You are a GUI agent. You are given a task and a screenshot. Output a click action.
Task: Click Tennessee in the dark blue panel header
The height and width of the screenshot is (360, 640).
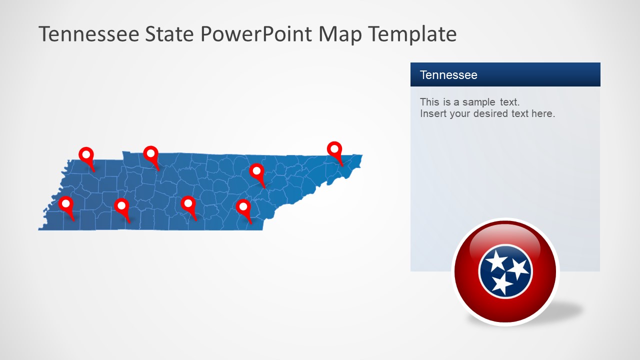click(x=448, y=75)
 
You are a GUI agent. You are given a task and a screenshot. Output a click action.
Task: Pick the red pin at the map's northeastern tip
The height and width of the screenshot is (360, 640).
click(x=334, y=149)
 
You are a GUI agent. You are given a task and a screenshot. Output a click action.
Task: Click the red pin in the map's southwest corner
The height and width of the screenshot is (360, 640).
click(x=65, y=204)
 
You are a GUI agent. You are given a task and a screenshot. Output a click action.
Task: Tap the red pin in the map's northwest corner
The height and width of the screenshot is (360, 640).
click(x=86, y=155)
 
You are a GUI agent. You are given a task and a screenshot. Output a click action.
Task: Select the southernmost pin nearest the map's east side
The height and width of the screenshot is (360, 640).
click(x=243, y=207)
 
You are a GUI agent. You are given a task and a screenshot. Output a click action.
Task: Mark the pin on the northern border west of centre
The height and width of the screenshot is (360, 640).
click(x=150, y=154)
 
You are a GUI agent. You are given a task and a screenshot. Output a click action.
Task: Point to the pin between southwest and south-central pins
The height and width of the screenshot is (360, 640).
click(x=121, y=206)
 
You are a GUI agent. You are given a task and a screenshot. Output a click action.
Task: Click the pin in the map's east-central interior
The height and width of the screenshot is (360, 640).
click(x=256, y=171)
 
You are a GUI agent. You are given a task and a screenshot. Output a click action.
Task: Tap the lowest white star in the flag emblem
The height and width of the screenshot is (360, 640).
click(x=501, y=284)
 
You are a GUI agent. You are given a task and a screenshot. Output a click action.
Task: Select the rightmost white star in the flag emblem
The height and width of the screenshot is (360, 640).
click(x=518, y=268)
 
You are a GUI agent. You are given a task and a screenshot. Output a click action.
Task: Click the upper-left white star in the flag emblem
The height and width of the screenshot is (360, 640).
click(x=496, y=260)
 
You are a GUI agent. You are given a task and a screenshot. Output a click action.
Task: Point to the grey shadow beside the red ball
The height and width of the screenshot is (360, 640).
click(x=570, y=310)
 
